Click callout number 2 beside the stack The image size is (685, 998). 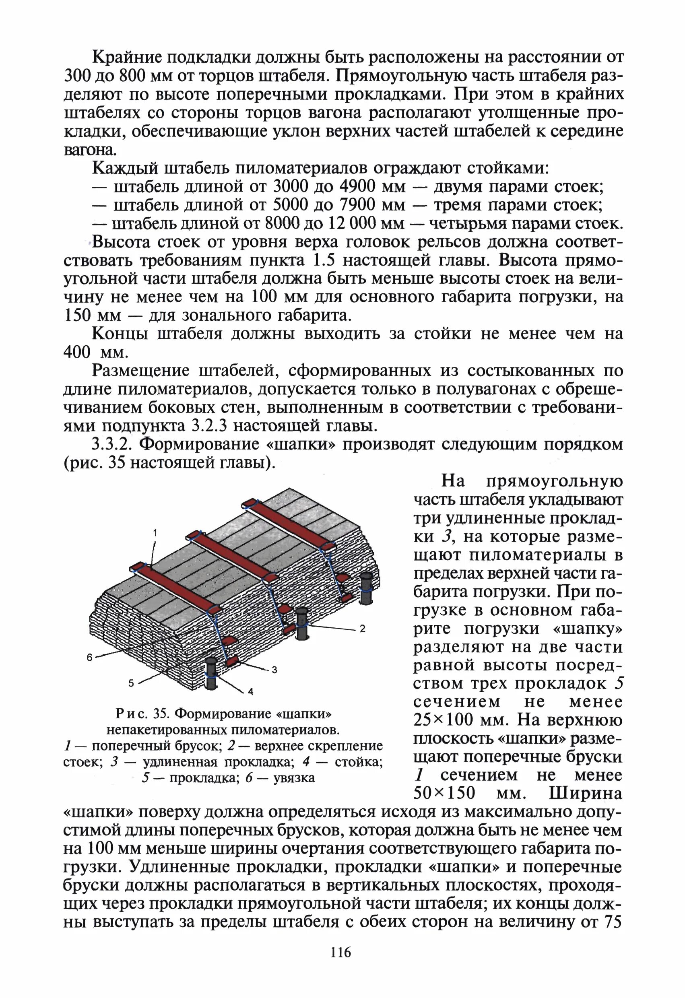coord(363,629)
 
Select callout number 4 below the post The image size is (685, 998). coord(251,691)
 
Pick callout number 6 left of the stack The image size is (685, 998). coord(89,658)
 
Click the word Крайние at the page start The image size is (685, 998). coord(126,57)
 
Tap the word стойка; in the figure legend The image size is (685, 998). coord(359,762)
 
